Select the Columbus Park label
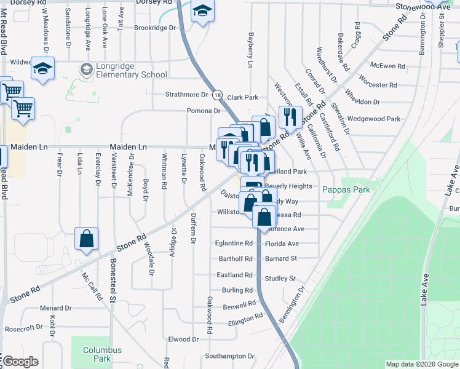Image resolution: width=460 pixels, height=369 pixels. pos(102,354)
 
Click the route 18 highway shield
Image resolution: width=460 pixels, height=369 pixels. pos(218,95)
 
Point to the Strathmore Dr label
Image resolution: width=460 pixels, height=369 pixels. pos(187,95)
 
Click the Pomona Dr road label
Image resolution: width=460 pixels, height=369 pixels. pos(204,111)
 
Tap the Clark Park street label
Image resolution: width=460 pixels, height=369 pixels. pos(243,97)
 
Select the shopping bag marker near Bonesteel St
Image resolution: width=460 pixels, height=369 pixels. pos(87,239)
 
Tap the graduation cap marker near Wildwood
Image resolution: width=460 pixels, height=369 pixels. pos(43,68)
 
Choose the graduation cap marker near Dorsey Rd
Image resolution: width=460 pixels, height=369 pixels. pos(202,11)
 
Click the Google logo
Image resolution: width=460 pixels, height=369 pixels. pos(20,362)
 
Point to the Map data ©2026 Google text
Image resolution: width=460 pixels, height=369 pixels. pos(422,364)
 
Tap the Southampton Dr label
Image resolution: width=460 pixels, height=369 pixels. pos(229,356)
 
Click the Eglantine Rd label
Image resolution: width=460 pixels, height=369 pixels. pos(234,244)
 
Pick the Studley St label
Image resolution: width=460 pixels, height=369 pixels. pos(280,279)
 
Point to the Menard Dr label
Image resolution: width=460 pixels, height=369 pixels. pos(56,307)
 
